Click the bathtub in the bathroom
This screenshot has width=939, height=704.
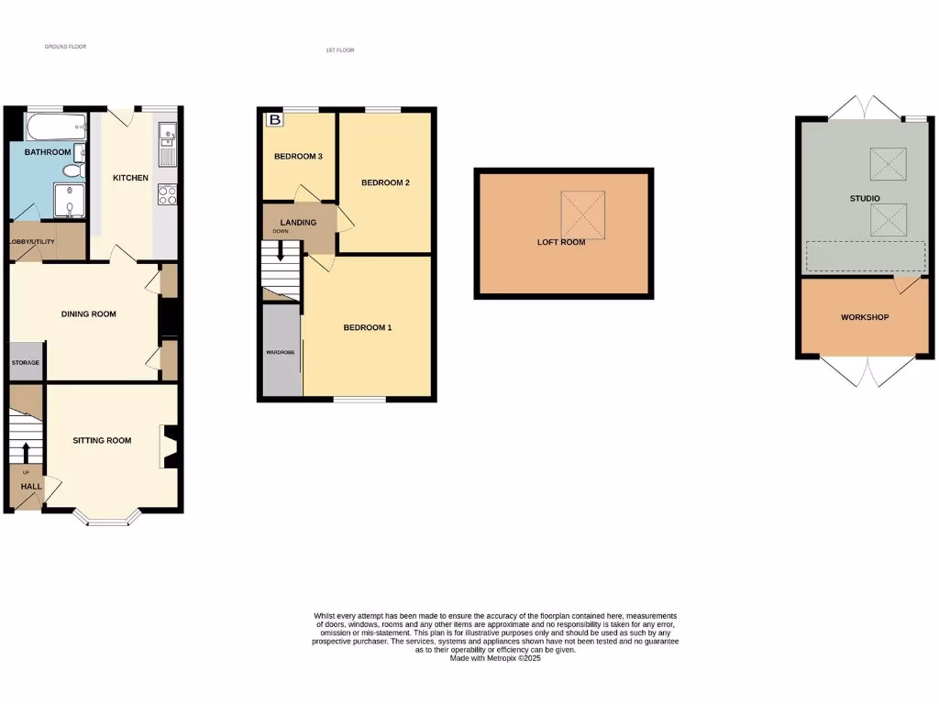[56, 126]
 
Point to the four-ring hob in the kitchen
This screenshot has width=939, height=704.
[168, 195]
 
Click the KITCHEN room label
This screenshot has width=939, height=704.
[130, 178]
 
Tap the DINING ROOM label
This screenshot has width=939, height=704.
[88, 314]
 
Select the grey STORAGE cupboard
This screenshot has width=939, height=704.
[26, 362]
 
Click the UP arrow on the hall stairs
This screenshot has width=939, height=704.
[26, 451]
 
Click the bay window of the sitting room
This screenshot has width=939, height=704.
[108, 520]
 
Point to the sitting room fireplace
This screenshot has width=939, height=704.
[169, 447]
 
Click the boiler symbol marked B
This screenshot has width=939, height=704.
[273, 119]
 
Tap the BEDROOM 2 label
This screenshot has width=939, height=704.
[384, 182]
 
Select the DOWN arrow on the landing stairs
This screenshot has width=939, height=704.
[281, 250]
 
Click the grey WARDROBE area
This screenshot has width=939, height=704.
[281, 351]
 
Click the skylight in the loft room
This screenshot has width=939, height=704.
[583, 214]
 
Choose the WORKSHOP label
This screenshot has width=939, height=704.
[865, 317]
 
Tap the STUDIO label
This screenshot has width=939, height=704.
[865, 198]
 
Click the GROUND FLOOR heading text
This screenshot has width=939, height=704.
[65, 46]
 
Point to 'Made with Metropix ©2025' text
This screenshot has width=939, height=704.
[495, 658]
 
